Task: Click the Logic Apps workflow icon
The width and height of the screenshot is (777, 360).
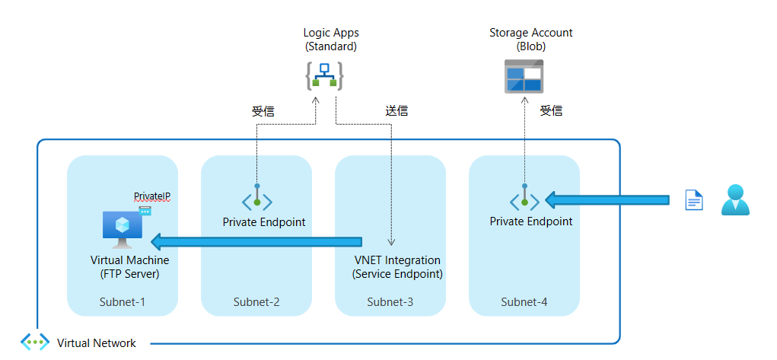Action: point(325,76)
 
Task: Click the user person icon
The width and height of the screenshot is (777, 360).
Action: point(735,199)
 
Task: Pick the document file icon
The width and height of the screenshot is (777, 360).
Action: point(693,200)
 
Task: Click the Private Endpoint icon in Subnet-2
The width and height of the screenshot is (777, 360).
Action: point(257,199)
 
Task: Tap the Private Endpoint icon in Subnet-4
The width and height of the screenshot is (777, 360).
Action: point(524,199)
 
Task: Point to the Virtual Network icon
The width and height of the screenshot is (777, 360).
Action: point(35,342)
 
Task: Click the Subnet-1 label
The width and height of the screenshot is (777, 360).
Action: point(123,302)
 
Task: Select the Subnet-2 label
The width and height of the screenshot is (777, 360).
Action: point(256,302)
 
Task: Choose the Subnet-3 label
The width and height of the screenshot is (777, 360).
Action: point(390,302)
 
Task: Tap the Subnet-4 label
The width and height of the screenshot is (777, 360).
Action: point(524,302)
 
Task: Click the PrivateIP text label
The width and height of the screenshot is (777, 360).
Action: point(152,196)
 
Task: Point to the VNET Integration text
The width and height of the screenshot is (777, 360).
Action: point(397,260)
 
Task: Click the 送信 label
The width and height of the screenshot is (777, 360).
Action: point(396,111)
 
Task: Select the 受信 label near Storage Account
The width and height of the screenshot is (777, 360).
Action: point(551,111)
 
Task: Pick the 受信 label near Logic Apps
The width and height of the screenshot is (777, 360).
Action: point(263,111)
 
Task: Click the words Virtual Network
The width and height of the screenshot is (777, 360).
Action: point(97,343)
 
